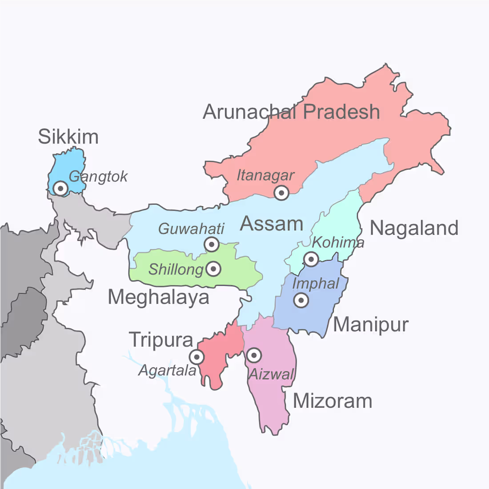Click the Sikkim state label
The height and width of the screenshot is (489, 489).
[68, 136]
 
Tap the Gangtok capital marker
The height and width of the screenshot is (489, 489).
[60, 188]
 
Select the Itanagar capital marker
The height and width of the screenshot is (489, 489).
[281, 193]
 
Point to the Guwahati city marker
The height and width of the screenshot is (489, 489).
[212, 244]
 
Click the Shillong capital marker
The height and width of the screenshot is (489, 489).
[214, 269]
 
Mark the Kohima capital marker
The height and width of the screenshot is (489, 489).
[311, 259]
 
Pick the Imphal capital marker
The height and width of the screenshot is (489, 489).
[301, 301]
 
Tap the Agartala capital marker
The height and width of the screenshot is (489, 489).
[196, 357]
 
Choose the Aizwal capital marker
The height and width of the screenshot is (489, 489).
[254, 355]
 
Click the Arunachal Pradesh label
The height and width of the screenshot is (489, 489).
[291, 112]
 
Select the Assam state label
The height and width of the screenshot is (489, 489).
[271, 224]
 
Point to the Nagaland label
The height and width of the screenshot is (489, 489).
[414, 228]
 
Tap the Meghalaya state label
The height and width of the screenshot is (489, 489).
[158, 297]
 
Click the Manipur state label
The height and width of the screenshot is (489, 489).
[370, 325]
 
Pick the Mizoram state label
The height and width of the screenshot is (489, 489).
[332, 401]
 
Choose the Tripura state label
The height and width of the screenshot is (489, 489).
[161, 340]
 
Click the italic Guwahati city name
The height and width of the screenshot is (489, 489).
[191, 229]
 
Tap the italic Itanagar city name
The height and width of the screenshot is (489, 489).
[265, 176]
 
